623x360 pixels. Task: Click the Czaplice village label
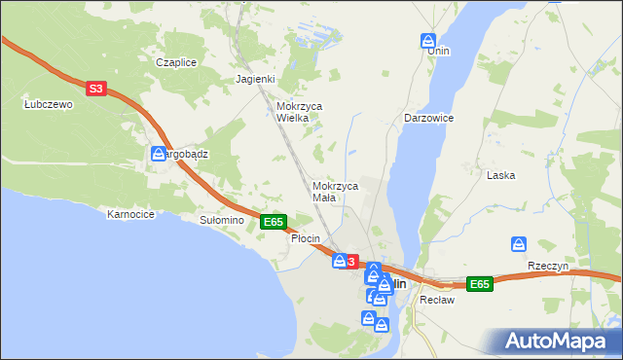[176, 62]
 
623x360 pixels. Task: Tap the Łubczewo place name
[49, 104]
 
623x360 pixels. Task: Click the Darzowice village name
[429, 117]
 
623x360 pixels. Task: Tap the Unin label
[438, 51]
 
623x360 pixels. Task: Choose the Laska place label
[501, 175]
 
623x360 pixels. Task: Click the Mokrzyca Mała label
[336, 191]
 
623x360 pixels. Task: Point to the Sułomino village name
[221, 221]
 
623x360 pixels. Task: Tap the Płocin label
[306, 238]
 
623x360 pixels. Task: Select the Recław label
[431, 300]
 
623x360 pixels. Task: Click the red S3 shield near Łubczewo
[94, 89]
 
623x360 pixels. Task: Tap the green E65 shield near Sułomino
[274, 222]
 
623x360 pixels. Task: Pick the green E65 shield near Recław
[478, 284]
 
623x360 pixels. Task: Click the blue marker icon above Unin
[428, 41]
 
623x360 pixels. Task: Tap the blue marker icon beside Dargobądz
[158, 154]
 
